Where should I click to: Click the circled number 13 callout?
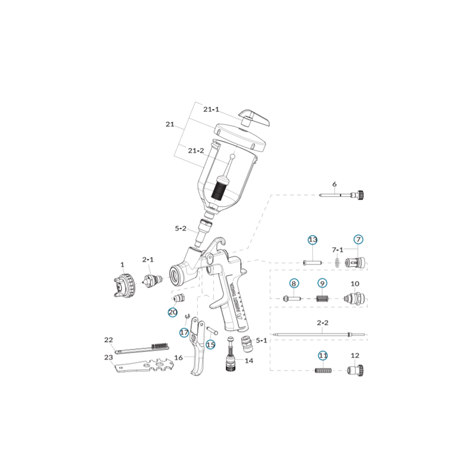point(313,240)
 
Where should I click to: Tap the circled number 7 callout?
point(358,240)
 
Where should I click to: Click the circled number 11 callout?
point(323,356)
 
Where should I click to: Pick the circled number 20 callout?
point(172,312)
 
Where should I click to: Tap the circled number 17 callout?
point(184,332)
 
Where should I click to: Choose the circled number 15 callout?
point(211,344)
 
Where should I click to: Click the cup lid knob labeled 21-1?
point(254,117)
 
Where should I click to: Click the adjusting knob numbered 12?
point(355,370)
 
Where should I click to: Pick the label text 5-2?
point(181,228)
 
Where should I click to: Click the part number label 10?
point(355,284)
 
